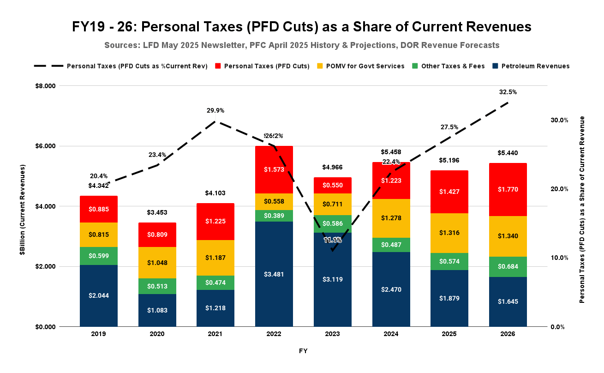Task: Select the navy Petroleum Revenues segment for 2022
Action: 274,274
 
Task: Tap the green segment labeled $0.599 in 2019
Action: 98,256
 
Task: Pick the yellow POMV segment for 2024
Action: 391,218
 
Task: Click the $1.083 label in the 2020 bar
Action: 157,310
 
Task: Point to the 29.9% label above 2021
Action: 215,111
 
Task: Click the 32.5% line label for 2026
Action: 508,92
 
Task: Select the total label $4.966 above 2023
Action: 332,167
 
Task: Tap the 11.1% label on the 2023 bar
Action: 332,241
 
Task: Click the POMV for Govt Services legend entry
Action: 365,66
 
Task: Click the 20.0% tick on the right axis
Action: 560,189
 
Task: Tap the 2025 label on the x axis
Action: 449,334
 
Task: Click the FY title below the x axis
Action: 303,351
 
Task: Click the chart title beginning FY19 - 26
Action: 302,27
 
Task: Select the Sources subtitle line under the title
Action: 302,45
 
